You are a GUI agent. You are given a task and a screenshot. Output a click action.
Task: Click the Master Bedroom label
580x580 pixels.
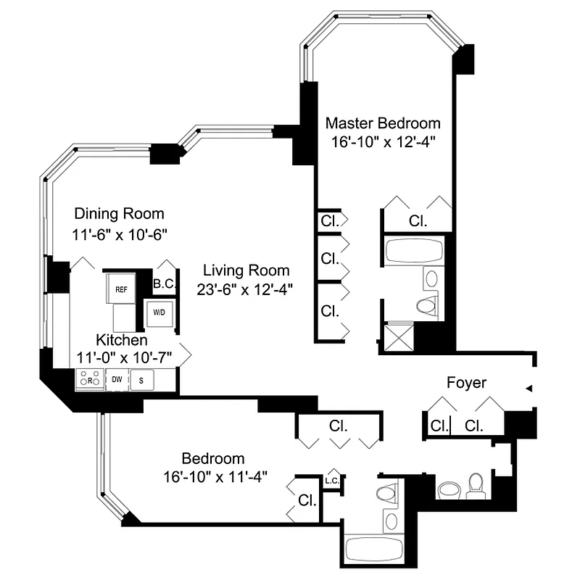coord(382,123)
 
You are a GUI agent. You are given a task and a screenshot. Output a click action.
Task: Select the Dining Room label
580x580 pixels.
coord(120,214)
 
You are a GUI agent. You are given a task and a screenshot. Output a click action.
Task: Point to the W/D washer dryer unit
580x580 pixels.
coord(159,313)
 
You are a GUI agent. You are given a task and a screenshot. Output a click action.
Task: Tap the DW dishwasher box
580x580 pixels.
coord(116,379)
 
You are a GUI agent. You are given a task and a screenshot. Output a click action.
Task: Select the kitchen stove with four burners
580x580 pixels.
coord(90,379)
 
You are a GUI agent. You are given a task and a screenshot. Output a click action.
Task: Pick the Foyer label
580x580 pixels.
coord(466,382)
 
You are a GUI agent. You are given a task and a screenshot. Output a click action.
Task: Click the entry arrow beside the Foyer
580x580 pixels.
coord(529,389)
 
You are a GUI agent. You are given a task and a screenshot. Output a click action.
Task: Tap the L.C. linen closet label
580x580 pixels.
coord(333,480)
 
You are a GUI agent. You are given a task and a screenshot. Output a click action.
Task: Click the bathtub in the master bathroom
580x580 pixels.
coord(414,251)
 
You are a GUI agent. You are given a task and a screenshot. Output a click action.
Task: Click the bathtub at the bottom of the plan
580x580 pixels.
coord(376,550)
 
